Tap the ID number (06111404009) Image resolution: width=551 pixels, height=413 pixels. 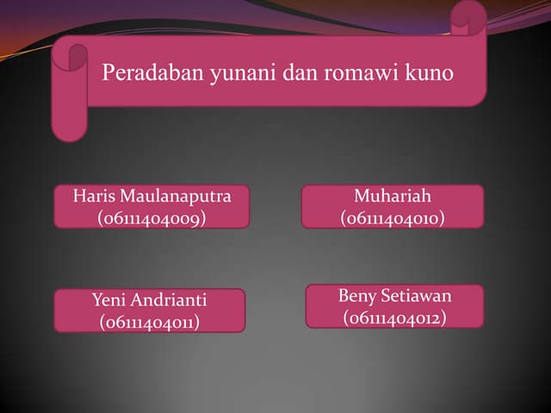point(152,219)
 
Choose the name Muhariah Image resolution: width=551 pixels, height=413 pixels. point(393,196)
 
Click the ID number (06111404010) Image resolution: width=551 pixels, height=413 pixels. point(393,219)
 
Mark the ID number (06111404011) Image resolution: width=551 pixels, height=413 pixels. point(150,323)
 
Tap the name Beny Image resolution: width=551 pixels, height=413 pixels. point(356,296)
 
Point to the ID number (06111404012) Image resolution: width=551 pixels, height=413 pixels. point(394,318)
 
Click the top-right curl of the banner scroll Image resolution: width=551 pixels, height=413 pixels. point(469,17)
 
